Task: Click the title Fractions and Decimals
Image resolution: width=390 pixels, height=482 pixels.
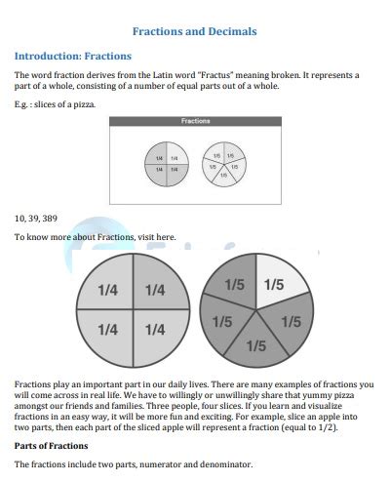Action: coord(195,32)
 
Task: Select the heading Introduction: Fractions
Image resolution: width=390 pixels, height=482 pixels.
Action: coord(73,56)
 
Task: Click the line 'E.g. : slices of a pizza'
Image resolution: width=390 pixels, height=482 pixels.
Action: coord(55,104)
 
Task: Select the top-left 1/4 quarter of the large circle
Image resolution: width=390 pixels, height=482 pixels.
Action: coord(109,290)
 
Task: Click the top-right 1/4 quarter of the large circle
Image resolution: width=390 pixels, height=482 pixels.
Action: coord(155,290)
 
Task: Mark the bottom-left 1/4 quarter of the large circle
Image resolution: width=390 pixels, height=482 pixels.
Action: coord(109,330)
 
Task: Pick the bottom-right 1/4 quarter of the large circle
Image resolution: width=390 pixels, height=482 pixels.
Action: coord(155,330)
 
